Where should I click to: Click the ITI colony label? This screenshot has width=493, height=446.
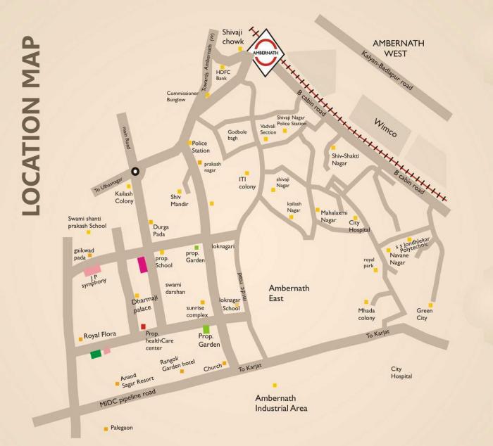[x=247, y=183]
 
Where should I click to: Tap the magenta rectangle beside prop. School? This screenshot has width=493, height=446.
[x=143, y=265]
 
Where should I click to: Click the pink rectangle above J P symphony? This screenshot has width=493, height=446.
[x=92, y=269]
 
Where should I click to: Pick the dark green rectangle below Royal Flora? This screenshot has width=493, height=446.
[x=96, y=355]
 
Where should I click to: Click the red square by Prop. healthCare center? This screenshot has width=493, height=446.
[x=143, y=326]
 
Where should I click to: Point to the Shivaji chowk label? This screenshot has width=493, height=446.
[x=232, y=37]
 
